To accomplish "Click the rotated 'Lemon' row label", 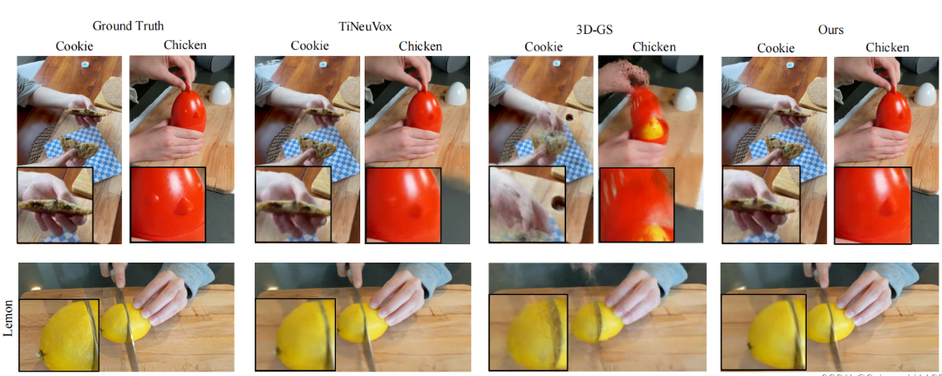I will coord(10,317).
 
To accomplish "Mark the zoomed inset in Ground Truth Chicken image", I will coord(167,204).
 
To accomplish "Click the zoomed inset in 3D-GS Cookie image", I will coord(527,205).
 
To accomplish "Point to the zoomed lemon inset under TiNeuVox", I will coord(294,332).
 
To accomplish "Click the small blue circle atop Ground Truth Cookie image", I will coord(85,65).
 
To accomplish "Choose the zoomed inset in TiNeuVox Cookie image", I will coord(293,205).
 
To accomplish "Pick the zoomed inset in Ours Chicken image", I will coord(872,205).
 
